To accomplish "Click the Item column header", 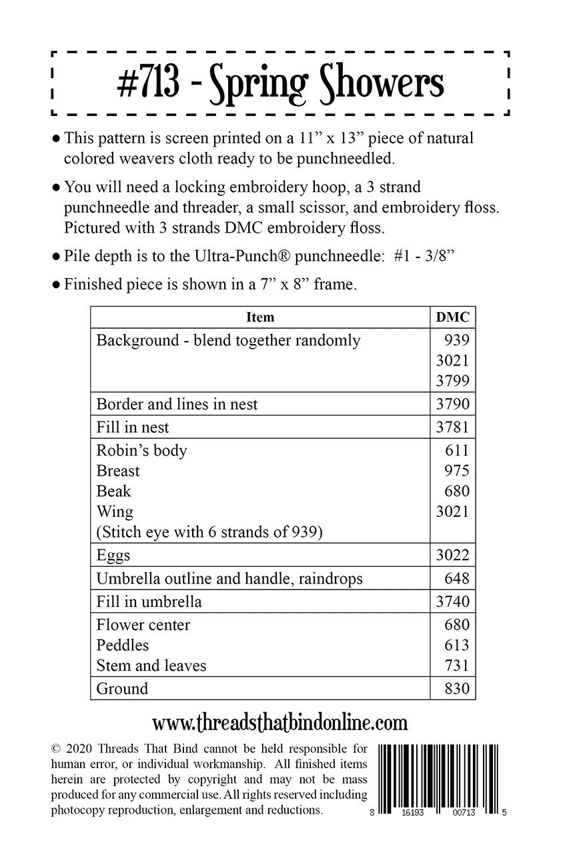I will tap(260, 317).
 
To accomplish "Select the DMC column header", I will tap(452, 317).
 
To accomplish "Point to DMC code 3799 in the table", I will tap(452, 381).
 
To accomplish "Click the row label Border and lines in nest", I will tap(177, 404).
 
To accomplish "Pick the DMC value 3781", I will tap(452, 427).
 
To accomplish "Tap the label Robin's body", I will tap(141, 450).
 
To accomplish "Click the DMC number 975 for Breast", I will tap(458, 471).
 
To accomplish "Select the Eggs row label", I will tap(113, 555).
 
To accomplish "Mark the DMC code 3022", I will tap(452, 555).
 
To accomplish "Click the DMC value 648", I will tap(458, 578).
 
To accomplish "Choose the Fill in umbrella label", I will tap(149, 602).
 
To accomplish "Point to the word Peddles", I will tap(123, 645).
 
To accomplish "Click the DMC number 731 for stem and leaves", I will tap(458, 666).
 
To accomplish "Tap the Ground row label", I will tap(122, 688).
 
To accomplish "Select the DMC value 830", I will tap(458, 688).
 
